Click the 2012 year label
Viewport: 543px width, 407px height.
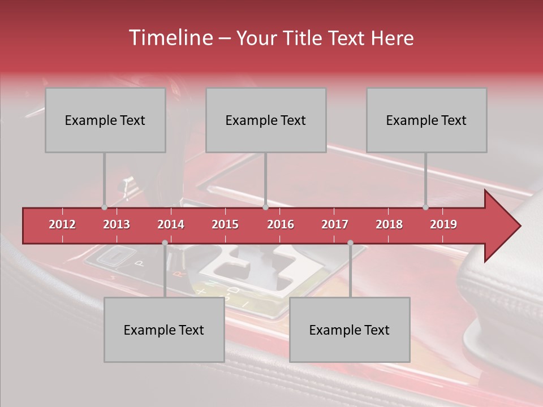coord(62,224)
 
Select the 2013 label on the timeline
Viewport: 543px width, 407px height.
coord(117,224)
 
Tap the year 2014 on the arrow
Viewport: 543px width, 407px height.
coord(171,224)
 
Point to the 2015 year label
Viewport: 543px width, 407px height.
coord(225,224)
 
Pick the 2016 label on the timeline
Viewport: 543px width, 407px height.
coord(281,224)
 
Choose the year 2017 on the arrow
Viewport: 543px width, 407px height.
coord(335,224)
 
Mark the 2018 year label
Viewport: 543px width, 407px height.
coord(389,224)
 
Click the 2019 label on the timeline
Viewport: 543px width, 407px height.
coord(443,224)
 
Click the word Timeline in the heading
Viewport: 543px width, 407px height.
coord(170,38)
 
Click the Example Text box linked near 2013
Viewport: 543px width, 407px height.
coord(105,120)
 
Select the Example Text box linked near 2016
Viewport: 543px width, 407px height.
coord(266,120)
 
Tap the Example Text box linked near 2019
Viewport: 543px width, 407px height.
coord(426,120)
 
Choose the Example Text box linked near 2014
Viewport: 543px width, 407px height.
coord(164,330)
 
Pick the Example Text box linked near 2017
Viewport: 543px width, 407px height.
coord(350,330)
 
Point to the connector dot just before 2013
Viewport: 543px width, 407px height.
coord(104,207)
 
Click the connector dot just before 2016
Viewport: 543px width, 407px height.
coord(265,207)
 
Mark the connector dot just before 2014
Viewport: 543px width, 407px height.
coord(165,243)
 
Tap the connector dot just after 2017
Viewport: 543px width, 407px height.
coord(350,243)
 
